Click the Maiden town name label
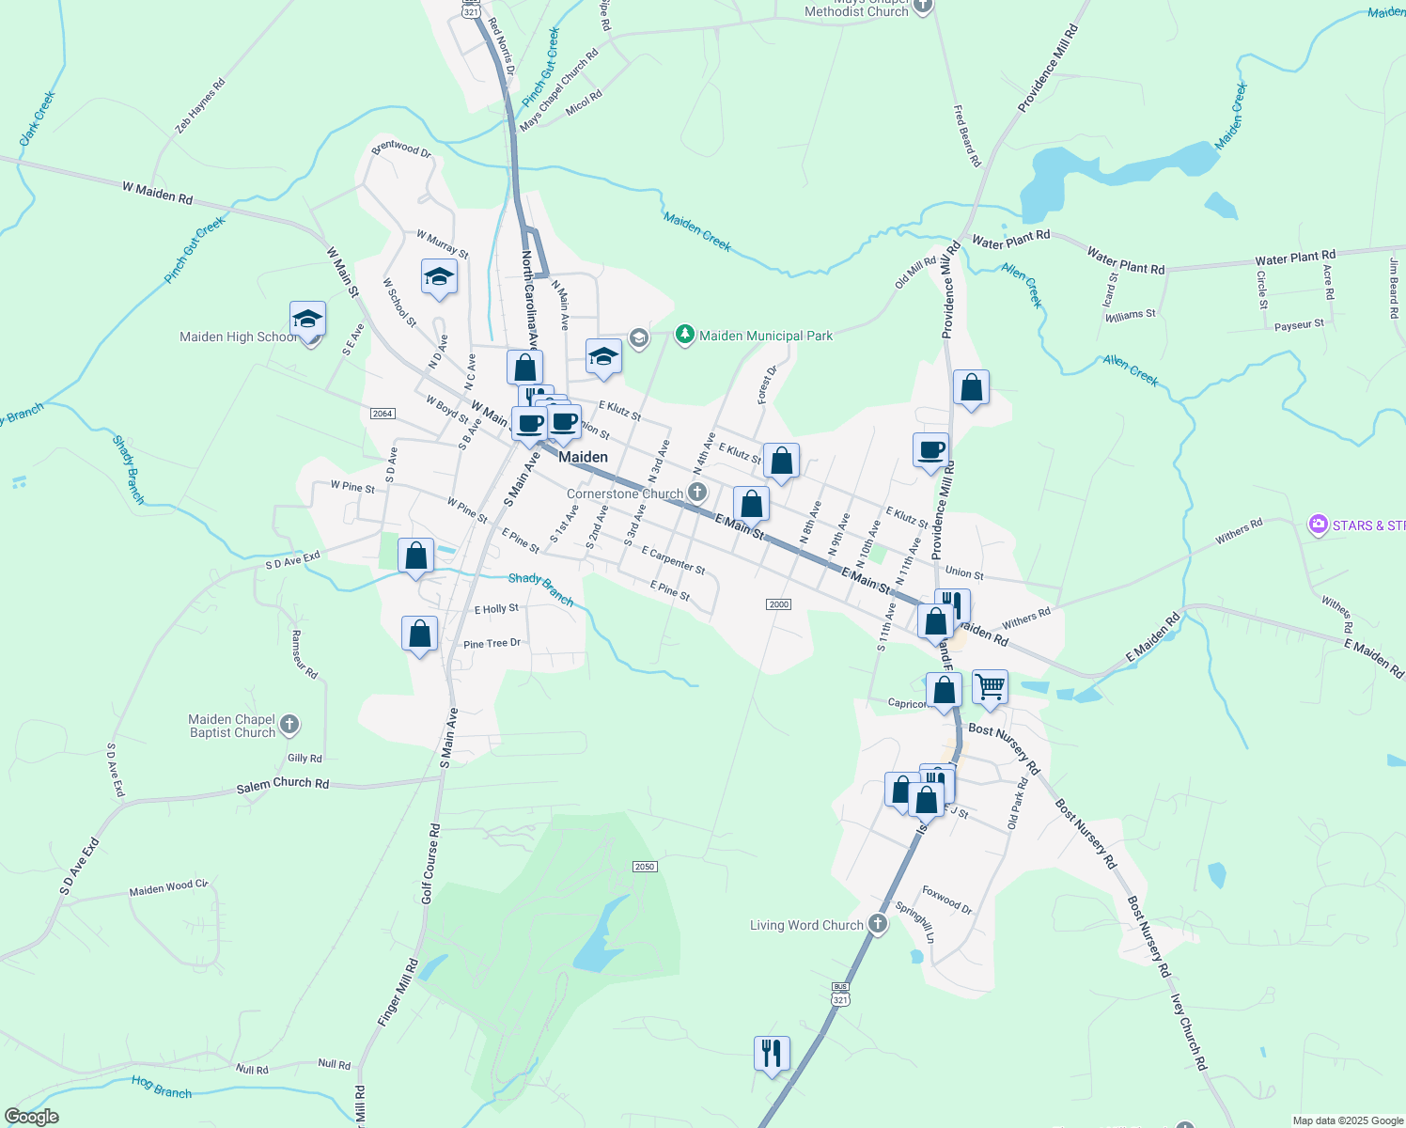(x=583, y=457)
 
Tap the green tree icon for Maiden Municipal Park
(x=685, y=335)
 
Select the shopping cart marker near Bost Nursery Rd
(x=990, y=688)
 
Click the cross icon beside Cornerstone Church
(x=696, y=492)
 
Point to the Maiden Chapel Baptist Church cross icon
(x=289, y=724)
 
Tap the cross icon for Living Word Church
(x=877, y=924)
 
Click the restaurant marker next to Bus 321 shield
(x=771, y=1054)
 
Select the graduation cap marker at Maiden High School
(x=307, y=321)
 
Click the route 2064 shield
(x=383, y=414)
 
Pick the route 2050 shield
(x=644, y=867)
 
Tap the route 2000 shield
(x=778, y=604)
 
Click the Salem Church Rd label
(x=283, y=784)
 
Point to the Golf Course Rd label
(x=430, y=865)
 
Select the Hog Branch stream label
(x=162, y=1087)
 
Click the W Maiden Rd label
(x=157, y=193)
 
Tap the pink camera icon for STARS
(x=1319, y=524)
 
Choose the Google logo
(x=32, y=1117)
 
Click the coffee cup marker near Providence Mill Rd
(x=930, y=450)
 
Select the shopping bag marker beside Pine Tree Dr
(x=419, y=634)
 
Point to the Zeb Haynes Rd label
(x=200, y=105)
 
